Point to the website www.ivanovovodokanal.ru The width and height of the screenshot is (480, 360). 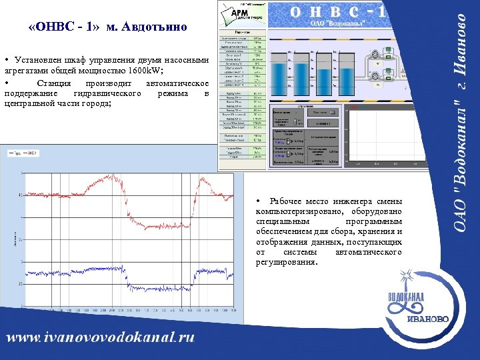[101, 338]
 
